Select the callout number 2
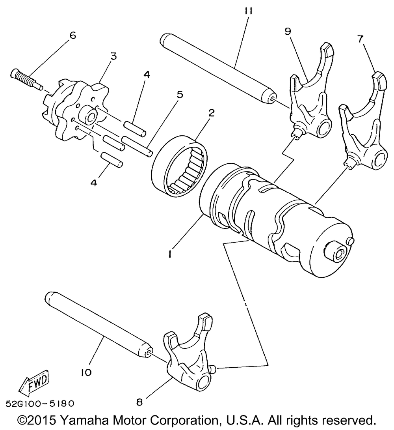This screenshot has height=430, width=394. tap(211, 113)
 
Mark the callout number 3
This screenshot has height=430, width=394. tap(113, 56)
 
